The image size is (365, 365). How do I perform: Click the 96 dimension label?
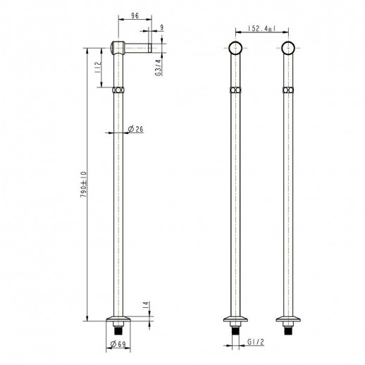(135, 16)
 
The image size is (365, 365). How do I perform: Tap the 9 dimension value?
(161, 27)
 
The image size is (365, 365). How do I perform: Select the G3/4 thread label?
(159, 68)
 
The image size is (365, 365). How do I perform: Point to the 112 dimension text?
(98, 67)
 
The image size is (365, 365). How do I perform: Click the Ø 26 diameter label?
(135, 129)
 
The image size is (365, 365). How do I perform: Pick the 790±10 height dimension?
(83, 185)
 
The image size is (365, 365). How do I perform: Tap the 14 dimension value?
(146, 304)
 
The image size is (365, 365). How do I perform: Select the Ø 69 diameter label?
(118, 344)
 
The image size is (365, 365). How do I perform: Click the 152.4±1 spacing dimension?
(262, 28)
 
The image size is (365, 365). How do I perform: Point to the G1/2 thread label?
(256, 342)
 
